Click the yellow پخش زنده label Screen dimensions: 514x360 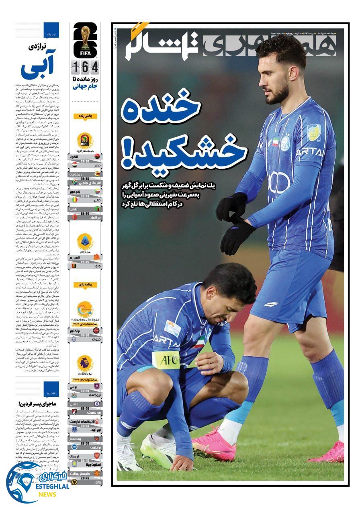pos(85,116)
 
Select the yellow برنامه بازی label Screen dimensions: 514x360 pos(85,285)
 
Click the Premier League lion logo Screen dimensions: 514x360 pos(85,363)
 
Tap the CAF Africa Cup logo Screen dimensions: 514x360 pos(85,141)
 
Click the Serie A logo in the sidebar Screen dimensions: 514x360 pos(85,241)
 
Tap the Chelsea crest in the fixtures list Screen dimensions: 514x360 pos(96,403)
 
